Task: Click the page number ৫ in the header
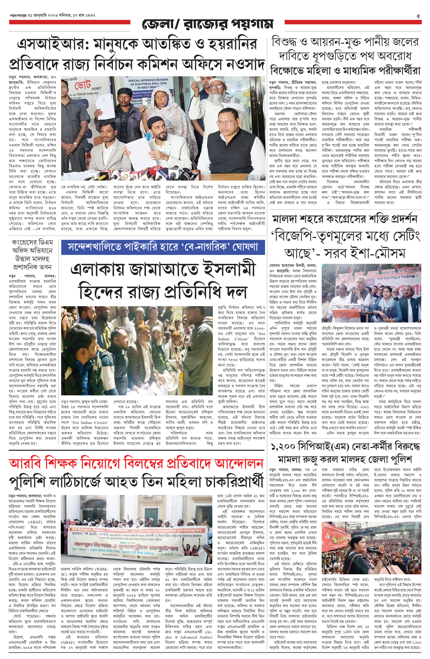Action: pos(418,16)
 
